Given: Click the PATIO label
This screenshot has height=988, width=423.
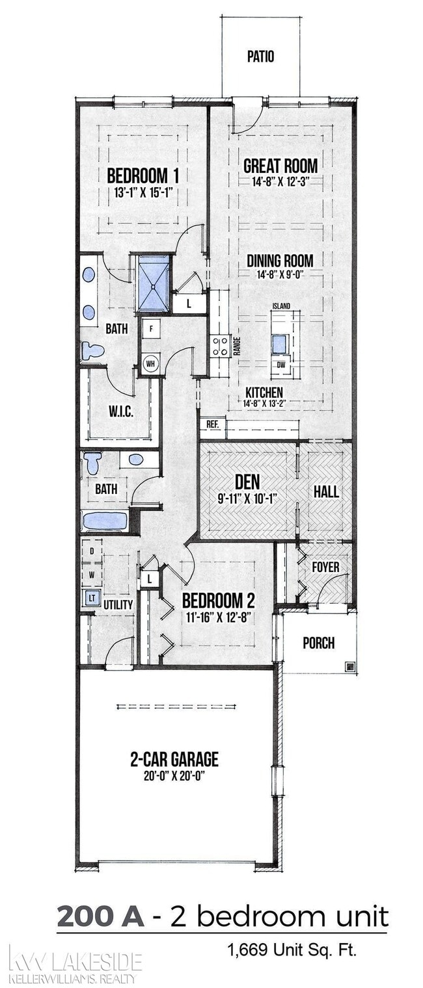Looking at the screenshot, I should pyautogui.click(x=260, y=57).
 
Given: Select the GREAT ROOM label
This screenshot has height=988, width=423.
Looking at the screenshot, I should pyautogui.click(x=280, y=165).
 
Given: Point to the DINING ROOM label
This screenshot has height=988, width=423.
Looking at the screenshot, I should pyautogui.click(x=280, y=261).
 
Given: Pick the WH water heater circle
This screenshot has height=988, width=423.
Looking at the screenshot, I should pyautogui.click(x=150, y=363).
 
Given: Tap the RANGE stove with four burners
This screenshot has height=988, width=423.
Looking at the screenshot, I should pyautogui.click(x=220, y=345).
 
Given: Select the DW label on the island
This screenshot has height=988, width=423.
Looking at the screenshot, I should pyautogui.click(x=281, y=365).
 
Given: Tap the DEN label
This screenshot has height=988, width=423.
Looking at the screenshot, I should pyautogui.click(x=247, y=484).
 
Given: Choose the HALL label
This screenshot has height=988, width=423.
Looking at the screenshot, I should pyautogui.click(x=326, y=492).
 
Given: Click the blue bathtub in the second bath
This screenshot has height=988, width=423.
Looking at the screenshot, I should pyautogui.click(x=105, y=521).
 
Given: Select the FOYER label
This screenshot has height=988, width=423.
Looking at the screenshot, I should pyautogui.click(x=325, y=567).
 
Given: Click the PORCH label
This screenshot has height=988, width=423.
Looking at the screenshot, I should pyautogui.click(x=319, y=643).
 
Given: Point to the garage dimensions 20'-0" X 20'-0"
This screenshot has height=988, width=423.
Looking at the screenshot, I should pyautogui.click(x=174, y=774).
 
